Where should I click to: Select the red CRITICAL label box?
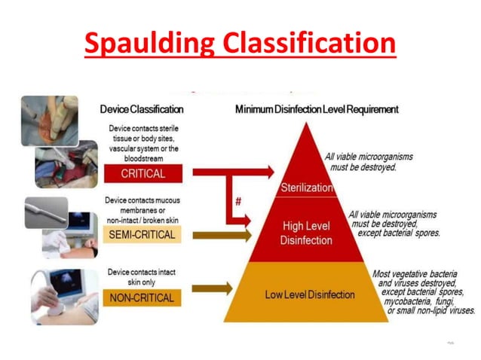[x=143, y=173]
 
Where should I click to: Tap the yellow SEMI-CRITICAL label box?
[x=142, y=236]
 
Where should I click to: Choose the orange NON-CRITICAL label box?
[x=142, y=297]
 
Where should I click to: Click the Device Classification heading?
[x=142, y=109]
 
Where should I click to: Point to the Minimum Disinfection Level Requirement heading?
[x=317, y=109]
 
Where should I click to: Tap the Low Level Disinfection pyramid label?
[x=309, y=294]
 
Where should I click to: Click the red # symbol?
[x=237, y=202]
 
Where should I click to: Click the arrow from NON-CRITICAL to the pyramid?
[x=213, y=288]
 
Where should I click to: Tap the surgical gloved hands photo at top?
[x=50, y=120]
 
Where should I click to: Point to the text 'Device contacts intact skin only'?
[x=143, y=276]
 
